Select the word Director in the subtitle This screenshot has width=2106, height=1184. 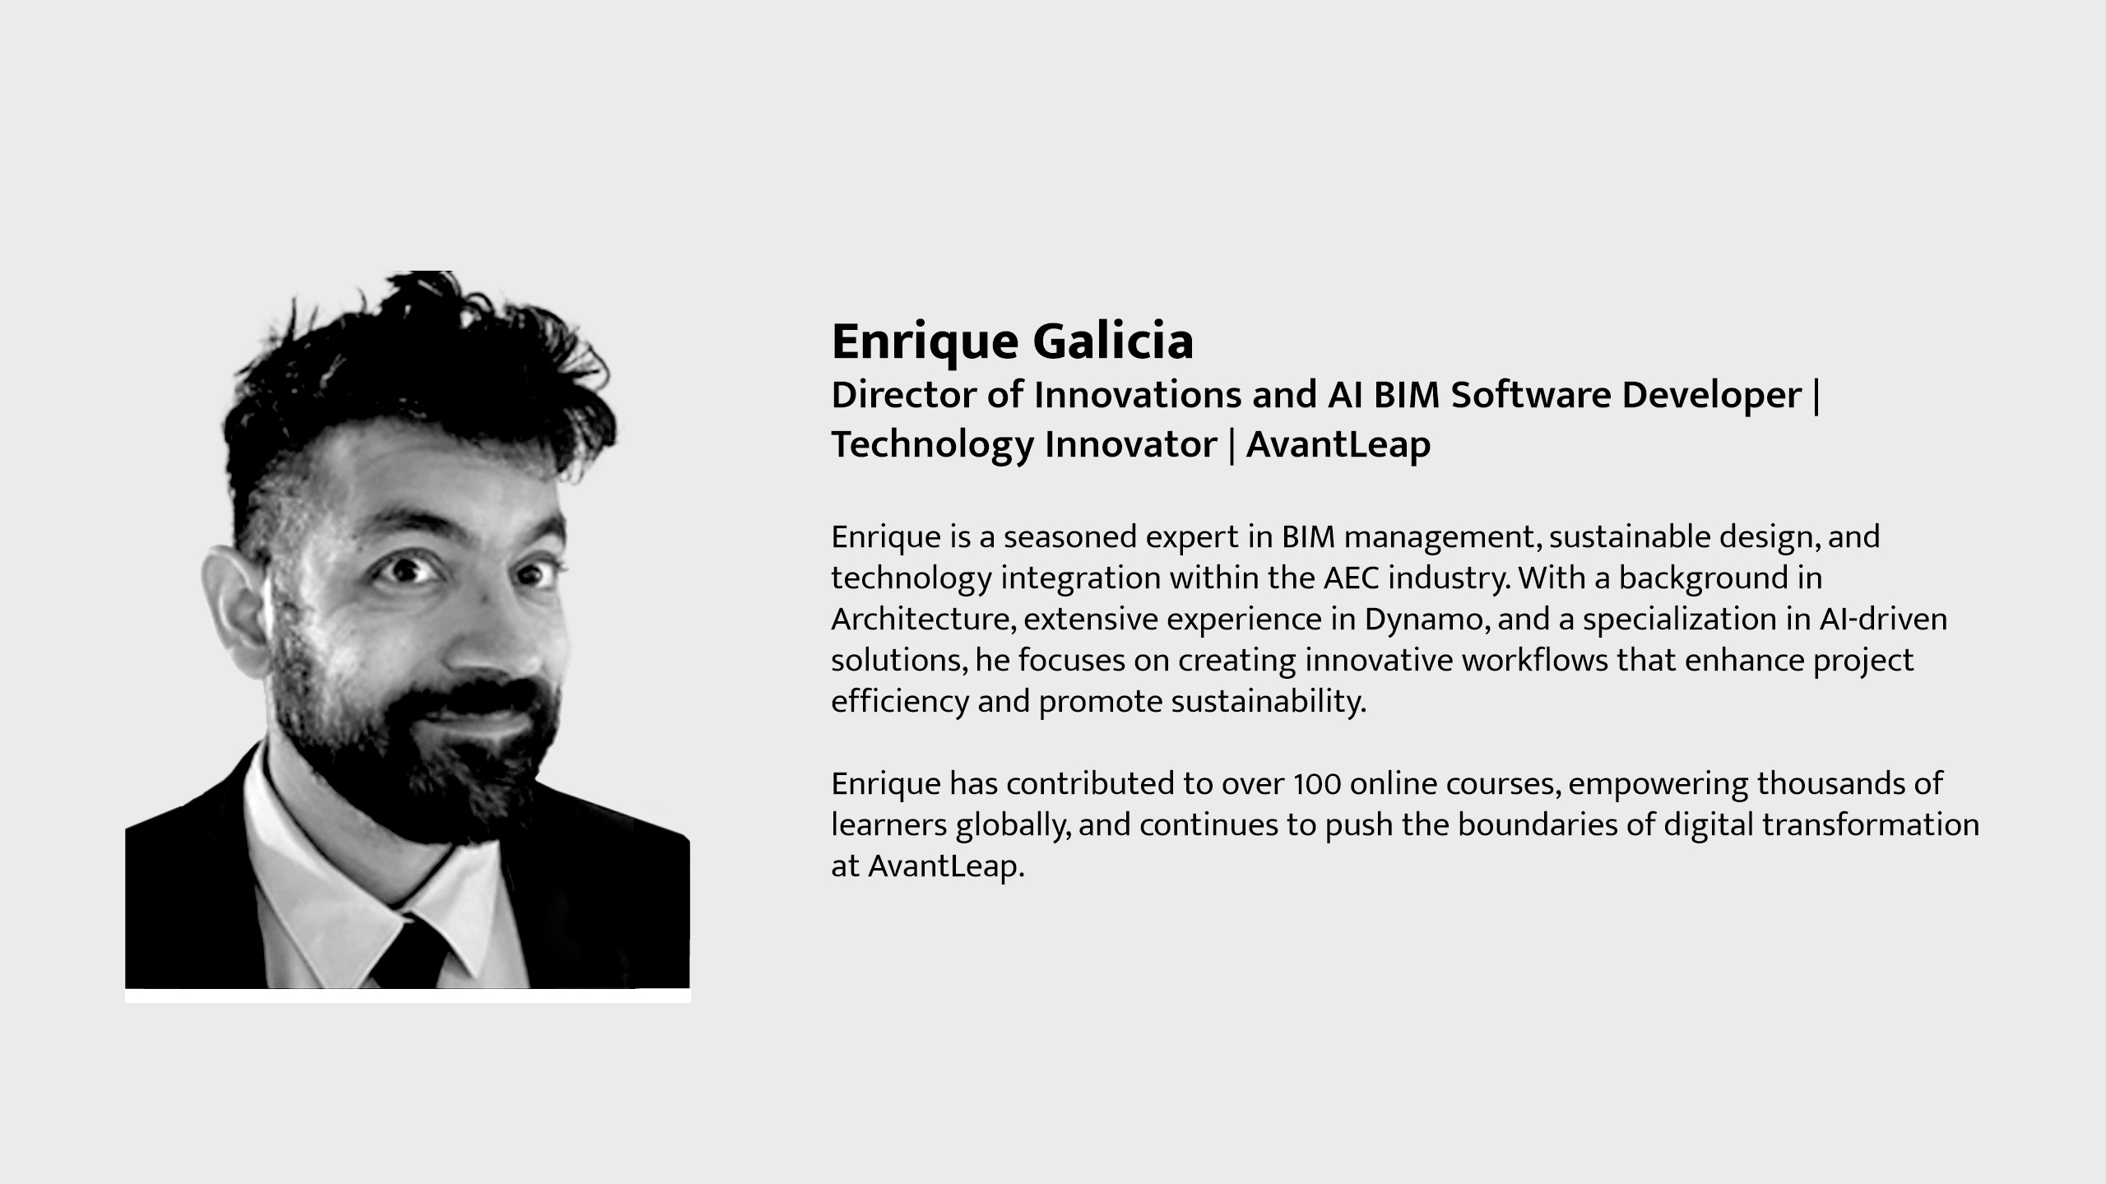coord(904,395)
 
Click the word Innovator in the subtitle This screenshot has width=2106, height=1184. coord(1131,444)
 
